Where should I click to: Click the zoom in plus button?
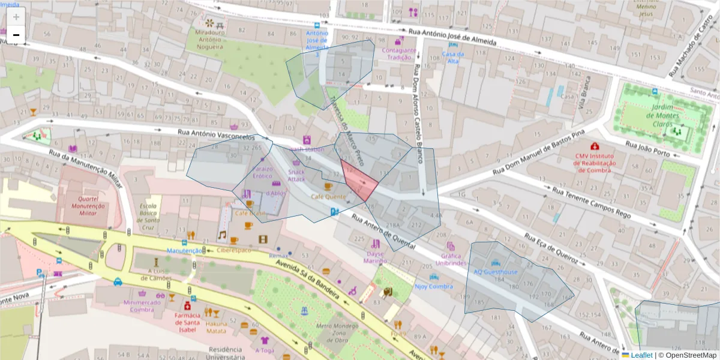[x=16, y=17]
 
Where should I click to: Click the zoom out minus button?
[x=16, y=35]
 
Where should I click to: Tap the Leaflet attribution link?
[x=641, y=355]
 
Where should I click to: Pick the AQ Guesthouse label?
[x=496, y=272]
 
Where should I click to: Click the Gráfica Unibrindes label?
[x=451, y=259]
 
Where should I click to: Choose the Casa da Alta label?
[x=450, y=58]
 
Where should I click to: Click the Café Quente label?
[x=328, y=196]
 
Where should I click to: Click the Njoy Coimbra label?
[x=433, y=286]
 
